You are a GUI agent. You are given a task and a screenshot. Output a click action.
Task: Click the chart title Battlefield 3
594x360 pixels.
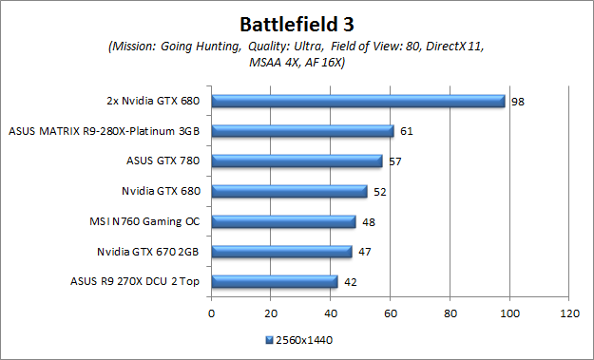coord(297,21)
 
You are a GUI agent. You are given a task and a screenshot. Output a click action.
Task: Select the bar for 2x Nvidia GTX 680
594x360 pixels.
coord(357,101)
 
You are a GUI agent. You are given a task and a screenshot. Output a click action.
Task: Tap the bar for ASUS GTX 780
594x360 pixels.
coord(297,161)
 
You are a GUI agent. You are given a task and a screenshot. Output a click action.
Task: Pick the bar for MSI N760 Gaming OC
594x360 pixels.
coord(283,221)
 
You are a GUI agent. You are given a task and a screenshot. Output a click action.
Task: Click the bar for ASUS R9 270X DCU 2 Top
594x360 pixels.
coord(274,281)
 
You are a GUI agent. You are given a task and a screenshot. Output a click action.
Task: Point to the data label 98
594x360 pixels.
coord(517,101)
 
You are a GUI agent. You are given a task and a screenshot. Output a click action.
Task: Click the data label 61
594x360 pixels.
coord(406,131)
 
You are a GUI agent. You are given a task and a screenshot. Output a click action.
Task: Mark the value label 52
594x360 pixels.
coord(379,191)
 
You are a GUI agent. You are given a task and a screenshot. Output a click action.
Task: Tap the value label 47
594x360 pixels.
coord(364,252)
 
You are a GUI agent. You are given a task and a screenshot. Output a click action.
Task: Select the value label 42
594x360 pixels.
coord(350,281)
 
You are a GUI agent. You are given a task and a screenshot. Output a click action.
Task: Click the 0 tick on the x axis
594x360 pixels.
coord(211,312)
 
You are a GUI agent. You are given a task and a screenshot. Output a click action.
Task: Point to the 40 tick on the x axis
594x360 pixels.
coord(331,312)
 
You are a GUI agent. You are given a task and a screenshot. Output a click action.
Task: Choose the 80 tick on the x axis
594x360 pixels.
coord(450,312)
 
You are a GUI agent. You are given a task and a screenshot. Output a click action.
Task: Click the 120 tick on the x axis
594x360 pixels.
coord(569,312)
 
